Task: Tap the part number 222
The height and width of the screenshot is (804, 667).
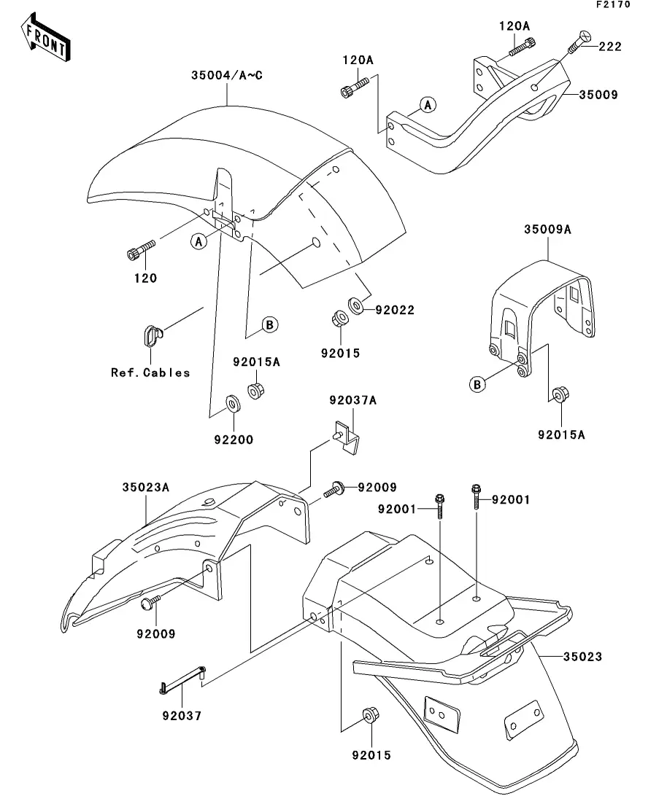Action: pos(610,47)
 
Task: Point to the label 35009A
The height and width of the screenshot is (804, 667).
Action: pos(547,229)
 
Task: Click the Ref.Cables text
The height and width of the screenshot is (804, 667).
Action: pos(150,372)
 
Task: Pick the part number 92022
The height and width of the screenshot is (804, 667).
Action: pos(395,310)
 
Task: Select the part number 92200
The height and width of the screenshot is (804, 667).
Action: pos(234,440)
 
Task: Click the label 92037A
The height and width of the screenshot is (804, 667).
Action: pos(352,400)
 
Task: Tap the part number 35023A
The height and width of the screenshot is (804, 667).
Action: pos(145,488)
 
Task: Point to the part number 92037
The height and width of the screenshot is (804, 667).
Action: pos(182,716)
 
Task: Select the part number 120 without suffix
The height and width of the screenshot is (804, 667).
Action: pos(144,278)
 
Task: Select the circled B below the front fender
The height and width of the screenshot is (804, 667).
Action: pos(270,325)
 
